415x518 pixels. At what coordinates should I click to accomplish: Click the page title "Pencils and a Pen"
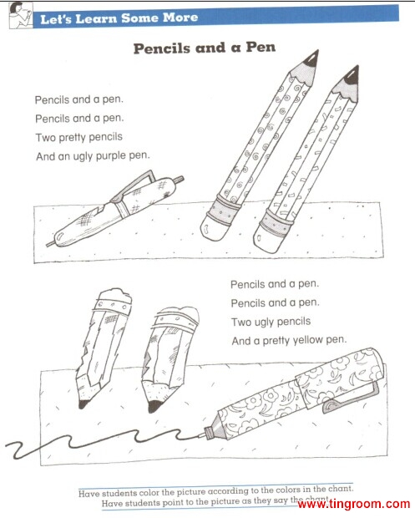(x=205, y=48)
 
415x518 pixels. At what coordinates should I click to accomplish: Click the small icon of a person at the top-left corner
(x=21, y=15)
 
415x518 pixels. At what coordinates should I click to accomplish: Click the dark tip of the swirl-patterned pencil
(x=311, y=58)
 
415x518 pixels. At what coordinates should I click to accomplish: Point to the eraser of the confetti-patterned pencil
(x=267, y=241)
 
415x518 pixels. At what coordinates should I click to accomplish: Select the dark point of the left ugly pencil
(x=82, y=404)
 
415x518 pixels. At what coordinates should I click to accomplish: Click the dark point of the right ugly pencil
(x=154, y=406)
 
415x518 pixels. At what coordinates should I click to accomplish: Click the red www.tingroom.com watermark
(x=353, y=504)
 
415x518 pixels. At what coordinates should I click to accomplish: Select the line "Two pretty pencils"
(x=78, y=137)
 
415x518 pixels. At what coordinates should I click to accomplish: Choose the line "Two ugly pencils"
(x=271, y=322)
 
